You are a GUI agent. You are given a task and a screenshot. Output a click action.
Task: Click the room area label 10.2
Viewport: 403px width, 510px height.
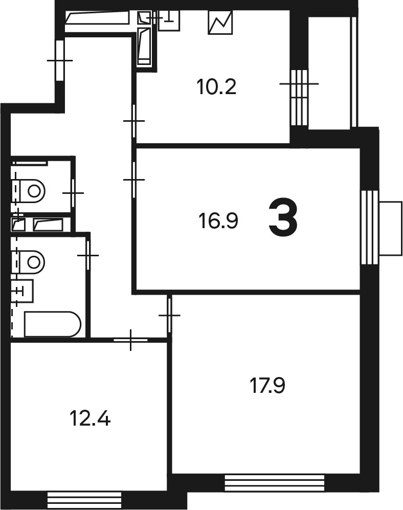tap(216, 87)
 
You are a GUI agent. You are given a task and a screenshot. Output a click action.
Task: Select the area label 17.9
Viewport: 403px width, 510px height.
tap(267, 386)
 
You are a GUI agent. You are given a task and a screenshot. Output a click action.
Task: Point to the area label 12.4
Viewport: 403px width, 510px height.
tap(90, 418)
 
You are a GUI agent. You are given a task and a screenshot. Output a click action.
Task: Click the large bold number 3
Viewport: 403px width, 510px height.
tap(283, 218)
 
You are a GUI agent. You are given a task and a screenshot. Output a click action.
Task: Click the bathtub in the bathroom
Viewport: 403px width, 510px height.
tap(52, 324)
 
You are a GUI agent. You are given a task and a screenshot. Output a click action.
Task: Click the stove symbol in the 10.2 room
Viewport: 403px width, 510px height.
tap(220, 22)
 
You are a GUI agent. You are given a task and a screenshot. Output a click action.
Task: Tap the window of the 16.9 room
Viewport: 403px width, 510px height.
tap(369, 227)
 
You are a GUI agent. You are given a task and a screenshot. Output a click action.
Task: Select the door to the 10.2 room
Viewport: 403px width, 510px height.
tap(134, 121)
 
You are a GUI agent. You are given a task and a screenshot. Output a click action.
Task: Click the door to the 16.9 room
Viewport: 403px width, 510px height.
tap(134, 180)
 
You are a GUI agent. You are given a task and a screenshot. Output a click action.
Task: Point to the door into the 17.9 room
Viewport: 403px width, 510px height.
tap(169, 315)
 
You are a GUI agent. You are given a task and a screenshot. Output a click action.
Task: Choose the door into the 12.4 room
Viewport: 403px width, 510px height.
tap(131, 340)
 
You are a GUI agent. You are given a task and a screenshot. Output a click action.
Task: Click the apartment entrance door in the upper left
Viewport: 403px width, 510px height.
tap(60, 60)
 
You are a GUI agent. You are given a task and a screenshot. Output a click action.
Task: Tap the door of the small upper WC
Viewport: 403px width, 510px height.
tap(73, 193)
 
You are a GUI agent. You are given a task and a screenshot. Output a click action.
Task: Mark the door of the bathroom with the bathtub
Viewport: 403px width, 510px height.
tap(88, 255)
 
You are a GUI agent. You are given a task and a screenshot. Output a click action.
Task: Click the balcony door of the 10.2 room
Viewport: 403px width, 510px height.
tap(299, 98)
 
